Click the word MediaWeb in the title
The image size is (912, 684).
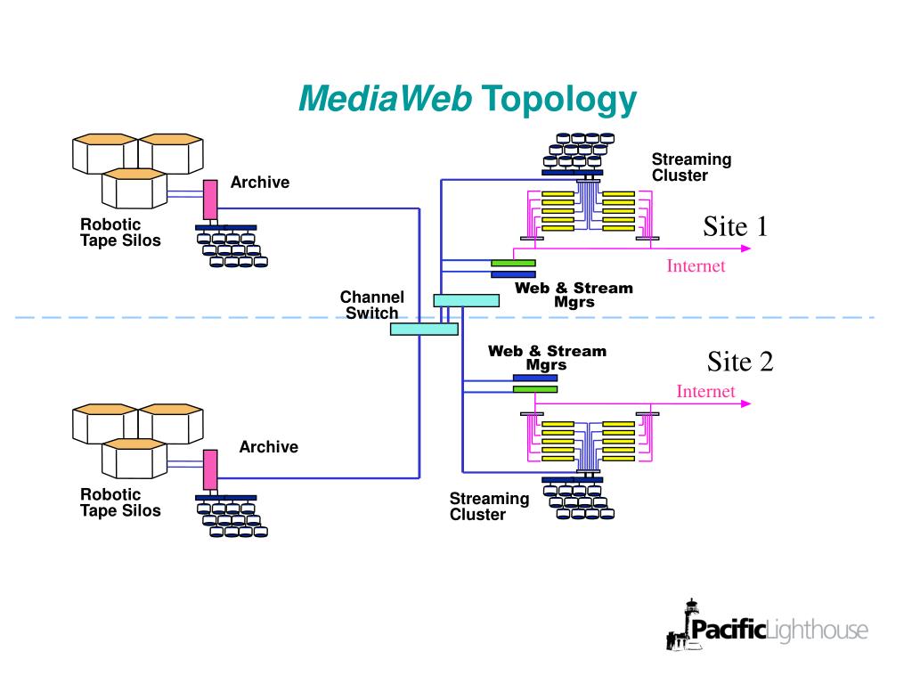385,100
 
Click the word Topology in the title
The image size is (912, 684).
558,100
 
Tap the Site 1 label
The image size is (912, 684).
735,226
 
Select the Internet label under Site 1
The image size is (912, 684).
696,265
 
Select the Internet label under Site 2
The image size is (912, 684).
705,391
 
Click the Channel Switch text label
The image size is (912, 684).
372,305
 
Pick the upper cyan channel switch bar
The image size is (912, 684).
466,300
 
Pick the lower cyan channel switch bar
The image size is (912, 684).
424,329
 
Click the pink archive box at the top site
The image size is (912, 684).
210,200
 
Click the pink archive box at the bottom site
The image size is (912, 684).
210,469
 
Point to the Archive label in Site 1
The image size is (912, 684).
260,183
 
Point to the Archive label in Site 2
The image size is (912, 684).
268,447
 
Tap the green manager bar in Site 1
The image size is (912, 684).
513,263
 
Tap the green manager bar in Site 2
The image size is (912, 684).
534,388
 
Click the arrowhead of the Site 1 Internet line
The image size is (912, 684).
745,249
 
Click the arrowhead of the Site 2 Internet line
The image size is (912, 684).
745,403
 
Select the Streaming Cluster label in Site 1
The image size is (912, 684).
691,167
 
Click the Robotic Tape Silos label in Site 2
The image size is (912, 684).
120,502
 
